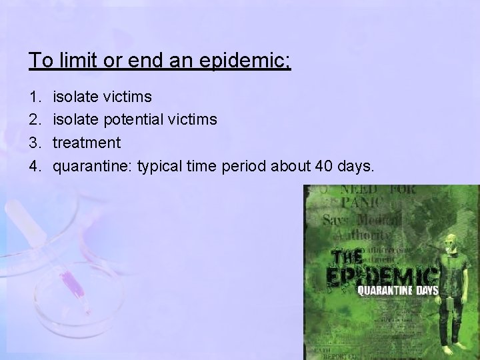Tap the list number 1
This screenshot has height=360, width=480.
[x=34, y=97]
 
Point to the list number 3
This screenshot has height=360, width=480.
[x=34, y=142]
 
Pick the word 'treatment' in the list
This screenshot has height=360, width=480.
[x=87, y=143]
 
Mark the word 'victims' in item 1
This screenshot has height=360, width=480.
[x=128, y=97]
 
